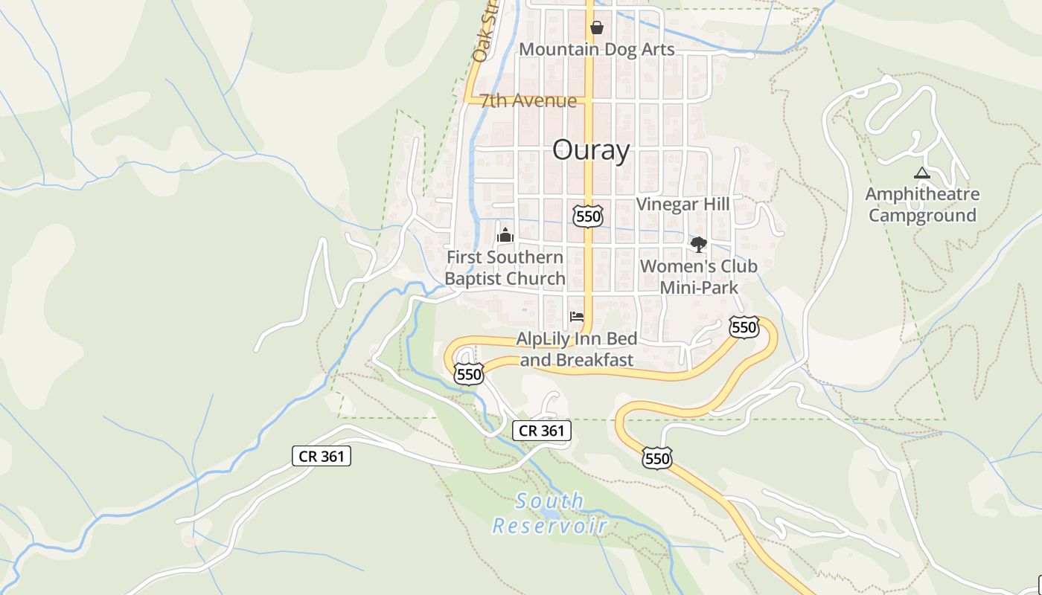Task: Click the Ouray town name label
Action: [x=591, y=150]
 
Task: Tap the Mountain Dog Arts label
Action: [x=596, y=50]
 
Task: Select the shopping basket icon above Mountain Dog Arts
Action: [x=596, y=28]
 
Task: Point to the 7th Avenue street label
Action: [x=528, y=101]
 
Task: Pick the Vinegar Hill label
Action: [x=683, y=205]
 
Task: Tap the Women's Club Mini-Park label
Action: [x=698, y=277]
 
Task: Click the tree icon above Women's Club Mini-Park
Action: [x=698, y=245]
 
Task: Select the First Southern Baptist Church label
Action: [x=505, y=268]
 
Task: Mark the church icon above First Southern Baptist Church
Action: [x=505, y=236]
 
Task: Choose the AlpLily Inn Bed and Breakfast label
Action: [x=577, y=350]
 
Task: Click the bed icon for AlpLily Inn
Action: [x=576, y=316]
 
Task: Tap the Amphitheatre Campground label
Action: [x=922, y=205]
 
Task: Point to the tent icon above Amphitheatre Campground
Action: [x=922, y=173]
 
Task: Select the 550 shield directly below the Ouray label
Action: [x=588, y=216]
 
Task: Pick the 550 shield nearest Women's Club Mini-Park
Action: [x=744, y=327]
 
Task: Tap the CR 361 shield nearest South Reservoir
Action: [x=542, y=430]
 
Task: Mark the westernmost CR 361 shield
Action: [x=321, y=456]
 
